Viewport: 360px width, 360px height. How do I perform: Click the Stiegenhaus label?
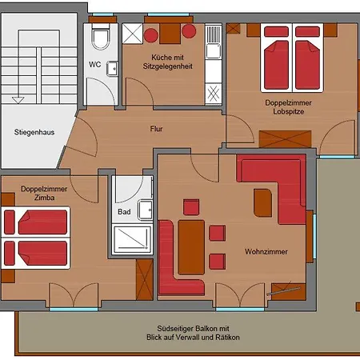[34, 132]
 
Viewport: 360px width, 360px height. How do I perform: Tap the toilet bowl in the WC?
[101, 38]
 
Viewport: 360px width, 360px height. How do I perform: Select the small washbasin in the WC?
[112, 69]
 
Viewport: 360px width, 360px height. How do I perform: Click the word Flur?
[156, 129]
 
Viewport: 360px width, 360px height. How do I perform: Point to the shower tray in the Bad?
[132, 239]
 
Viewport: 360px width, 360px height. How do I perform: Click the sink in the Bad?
[145, 210]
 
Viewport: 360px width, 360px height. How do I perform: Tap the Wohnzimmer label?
[266, 251]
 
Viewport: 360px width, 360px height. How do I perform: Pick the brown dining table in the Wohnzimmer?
[191, 247]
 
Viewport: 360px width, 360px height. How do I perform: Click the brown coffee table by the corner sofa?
[262, 203]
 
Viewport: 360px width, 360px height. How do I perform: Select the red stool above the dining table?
[191, 207]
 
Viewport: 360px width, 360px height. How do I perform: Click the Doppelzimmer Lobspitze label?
[288, 107]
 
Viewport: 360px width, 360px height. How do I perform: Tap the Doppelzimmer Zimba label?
[44, 193]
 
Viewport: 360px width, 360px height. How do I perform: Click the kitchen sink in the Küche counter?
[214, 50]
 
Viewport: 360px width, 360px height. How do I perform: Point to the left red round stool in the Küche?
[151, 35]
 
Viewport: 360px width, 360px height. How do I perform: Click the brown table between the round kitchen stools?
[170, 34]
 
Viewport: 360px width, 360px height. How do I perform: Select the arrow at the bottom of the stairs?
[18, 100]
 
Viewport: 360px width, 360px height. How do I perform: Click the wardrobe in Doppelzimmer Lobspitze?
[285, 139]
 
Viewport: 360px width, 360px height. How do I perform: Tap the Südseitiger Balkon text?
[193, 328]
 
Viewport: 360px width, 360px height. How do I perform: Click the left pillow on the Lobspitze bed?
[276, 31]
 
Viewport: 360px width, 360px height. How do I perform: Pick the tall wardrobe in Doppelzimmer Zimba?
[145, 279]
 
